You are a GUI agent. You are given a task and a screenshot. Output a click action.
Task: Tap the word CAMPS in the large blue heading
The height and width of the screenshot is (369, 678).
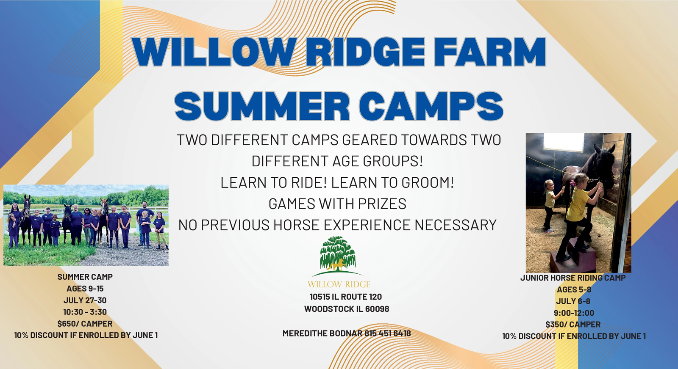[431, 106]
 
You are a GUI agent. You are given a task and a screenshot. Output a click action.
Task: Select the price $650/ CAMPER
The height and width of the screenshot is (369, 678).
[85, 324]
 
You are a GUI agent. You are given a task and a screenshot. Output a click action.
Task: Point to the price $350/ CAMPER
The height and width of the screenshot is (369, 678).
[573, 325]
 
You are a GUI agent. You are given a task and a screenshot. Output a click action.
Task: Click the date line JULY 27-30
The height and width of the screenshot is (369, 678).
[85, 300]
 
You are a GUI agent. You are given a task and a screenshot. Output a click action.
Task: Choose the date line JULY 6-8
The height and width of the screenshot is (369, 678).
[573, 301]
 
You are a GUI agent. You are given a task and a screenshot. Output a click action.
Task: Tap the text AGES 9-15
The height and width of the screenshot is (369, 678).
[85, 289]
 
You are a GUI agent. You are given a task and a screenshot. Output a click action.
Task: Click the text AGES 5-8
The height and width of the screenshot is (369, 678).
[574, 289]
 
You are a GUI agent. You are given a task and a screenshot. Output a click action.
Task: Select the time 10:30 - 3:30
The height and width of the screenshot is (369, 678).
[85, 312]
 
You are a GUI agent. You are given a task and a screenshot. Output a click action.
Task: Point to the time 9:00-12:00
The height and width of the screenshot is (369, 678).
[574, 313]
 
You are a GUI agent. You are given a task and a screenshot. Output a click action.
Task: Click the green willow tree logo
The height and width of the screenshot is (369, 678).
[338, 256]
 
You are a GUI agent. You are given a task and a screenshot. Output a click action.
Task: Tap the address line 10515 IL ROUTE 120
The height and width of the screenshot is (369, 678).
[346, 297]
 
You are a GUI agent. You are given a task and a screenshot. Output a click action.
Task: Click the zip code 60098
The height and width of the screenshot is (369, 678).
[377, 309]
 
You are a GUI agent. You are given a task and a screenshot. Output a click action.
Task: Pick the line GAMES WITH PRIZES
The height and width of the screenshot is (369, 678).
[337, 204]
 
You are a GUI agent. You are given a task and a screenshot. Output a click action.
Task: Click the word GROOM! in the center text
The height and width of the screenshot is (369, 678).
[428, 182]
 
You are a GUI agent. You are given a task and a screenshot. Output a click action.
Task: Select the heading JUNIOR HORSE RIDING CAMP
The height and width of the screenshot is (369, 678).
[573, 278]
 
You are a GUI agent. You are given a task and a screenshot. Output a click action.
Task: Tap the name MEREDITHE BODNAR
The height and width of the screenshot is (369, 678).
[322, 333]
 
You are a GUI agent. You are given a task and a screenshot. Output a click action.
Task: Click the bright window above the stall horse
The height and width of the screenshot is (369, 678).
[564, 142]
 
